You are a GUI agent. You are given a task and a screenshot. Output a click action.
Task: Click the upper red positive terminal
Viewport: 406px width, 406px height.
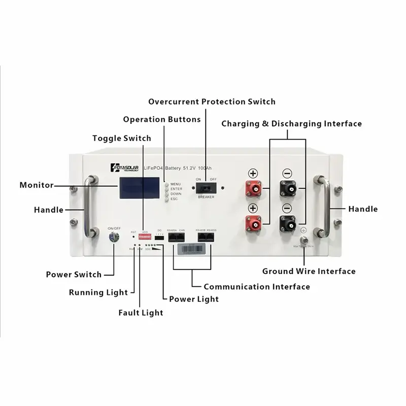click(254, 190)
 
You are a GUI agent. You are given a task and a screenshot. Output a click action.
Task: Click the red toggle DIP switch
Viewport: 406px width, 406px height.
click(146, 238)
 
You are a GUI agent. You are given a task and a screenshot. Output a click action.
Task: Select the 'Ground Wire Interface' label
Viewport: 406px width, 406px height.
click(309, 272)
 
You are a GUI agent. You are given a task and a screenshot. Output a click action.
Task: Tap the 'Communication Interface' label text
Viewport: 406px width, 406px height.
click(256, 287)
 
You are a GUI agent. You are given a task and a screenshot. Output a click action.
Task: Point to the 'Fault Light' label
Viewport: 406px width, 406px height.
click(141, 313)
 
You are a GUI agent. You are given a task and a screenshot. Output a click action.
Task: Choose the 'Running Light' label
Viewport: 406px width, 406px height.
click(98, 292)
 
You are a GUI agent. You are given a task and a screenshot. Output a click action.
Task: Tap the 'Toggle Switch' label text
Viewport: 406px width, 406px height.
click(122, 138)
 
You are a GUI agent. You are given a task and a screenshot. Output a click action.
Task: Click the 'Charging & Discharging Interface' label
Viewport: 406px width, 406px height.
click(292, 123)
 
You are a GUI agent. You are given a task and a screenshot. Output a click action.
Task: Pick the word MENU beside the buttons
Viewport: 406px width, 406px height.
click(176, 184)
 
